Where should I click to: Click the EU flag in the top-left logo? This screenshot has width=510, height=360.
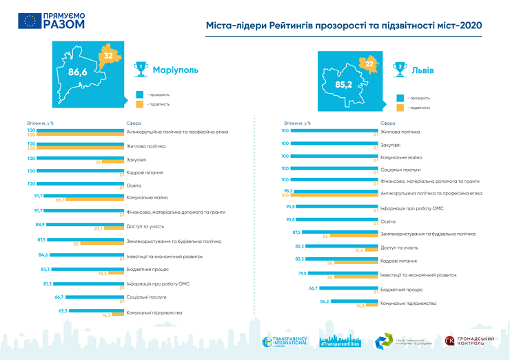(30, 20)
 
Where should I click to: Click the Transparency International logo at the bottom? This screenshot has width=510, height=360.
(285, 341)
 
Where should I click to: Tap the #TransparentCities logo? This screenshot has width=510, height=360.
(340, 341)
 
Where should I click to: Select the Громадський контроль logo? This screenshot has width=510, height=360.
(473, 341)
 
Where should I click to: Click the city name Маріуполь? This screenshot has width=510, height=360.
(175, 70)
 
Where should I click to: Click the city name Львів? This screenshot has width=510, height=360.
(423, 70)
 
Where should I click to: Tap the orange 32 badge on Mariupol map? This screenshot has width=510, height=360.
(108, 56)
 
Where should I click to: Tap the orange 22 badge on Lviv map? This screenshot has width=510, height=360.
(370, 64)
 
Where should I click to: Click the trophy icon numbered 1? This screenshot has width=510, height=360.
(141, 68)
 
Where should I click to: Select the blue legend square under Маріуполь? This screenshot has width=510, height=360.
(139, 94)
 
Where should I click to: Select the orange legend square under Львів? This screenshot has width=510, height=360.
(400, 108)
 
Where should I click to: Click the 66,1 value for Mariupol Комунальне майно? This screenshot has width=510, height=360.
(60, 199)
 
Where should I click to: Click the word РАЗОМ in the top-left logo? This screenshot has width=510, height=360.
(63, 24)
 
